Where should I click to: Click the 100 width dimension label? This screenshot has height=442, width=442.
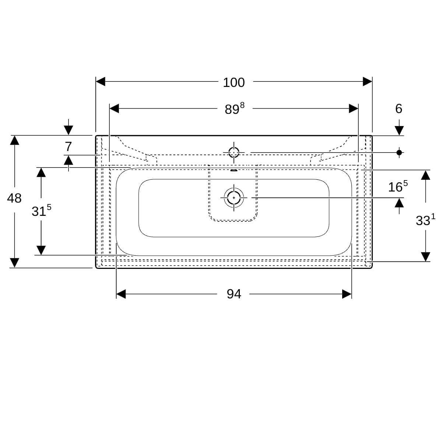pos(234,83)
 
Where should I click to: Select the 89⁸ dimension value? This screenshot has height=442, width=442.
pos(234,109)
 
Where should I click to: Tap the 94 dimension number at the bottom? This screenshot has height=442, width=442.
pos(234,294)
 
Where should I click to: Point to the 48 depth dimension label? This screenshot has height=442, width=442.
pos(14,198)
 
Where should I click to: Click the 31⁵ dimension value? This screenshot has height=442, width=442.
pos(42,211)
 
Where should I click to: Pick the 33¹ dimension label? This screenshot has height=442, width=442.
pos(425,220)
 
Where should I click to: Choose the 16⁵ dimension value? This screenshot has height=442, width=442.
pos(398,186)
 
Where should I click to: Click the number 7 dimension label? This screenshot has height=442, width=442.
pos(69,147)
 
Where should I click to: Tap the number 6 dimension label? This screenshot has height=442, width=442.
pos(399,109)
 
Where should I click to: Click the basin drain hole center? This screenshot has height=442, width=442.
pos(234,198)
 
